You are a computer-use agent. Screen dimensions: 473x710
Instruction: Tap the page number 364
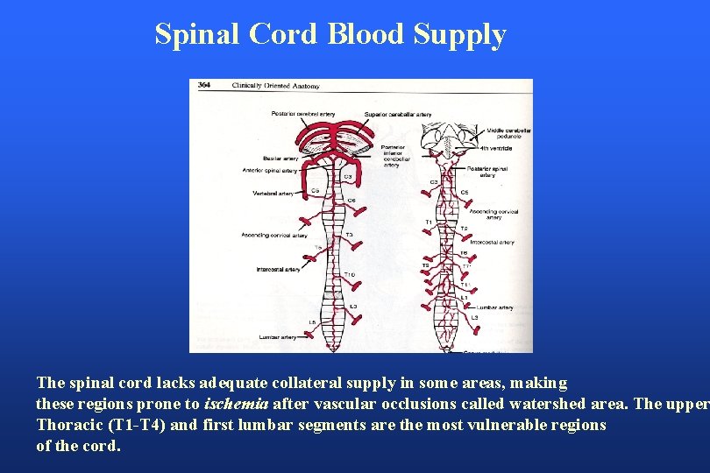coord(203,85)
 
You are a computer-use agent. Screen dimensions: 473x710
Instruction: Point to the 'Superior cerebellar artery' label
coord(399,114)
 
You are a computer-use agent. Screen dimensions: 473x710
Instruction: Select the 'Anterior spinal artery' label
coord(270,170)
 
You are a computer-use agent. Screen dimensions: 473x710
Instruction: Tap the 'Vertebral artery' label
coord(273,193)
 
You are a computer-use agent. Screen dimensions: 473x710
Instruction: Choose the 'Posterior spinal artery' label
coord(486,171)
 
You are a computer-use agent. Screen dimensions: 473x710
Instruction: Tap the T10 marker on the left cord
coord(349,275)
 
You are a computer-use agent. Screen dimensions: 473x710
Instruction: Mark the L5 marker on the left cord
coord(312,322)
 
